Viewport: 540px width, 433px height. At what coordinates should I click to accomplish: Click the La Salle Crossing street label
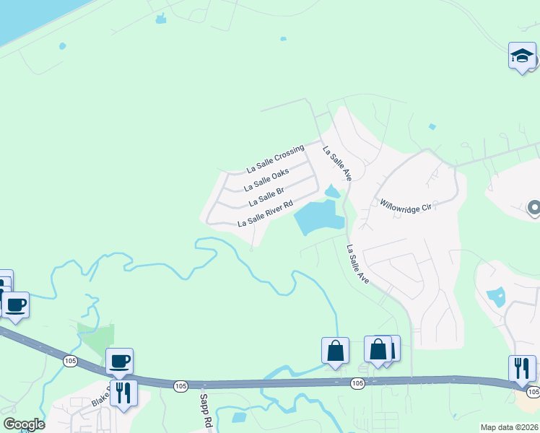pos(275,158)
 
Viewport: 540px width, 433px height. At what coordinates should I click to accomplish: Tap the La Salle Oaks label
pos(267,175)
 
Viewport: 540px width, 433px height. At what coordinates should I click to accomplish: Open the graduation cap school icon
pos(522,56)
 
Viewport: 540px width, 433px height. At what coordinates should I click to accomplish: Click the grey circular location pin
pos(534,209)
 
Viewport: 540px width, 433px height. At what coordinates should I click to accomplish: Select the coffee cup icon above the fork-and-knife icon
pos(119,361)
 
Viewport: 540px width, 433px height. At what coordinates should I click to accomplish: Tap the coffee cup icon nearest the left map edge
pos(15,305)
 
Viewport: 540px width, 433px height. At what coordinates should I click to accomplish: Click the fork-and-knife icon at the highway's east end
pos(522,368)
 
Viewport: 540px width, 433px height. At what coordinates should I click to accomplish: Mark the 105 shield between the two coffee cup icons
pos(70,361)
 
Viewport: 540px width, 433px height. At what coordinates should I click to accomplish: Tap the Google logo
pos(24,424)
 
